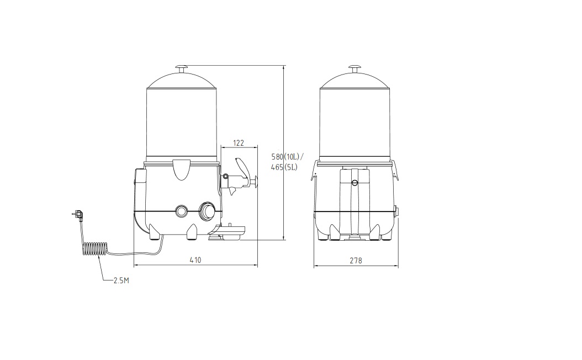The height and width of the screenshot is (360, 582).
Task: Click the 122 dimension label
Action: pyautogui.click(x=239, y=143)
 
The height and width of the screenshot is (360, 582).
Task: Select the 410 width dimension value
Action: pyautogui.click(x=195, y=260)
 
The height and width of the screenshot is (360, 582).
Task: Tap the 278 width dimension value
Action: pyautogui.click(x=356, y=261)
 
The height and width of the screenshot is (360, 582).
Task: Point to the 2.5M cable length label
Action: pyautogui.click(x=121, y=280)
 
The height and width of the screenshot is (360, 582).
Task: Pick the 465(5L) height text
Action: pyautogui.click(x=284, y=167)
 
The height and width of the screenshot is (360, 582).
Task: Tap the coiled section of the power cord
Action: pyautogui.click(x=95, y=248)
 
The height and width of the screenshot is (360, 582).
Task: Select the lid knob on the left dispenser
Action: pyautogui.click(x=182, y=68)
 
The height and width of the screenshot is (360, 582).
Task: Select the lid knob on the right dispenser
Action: pyautogui.click(x=355, y=68)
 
